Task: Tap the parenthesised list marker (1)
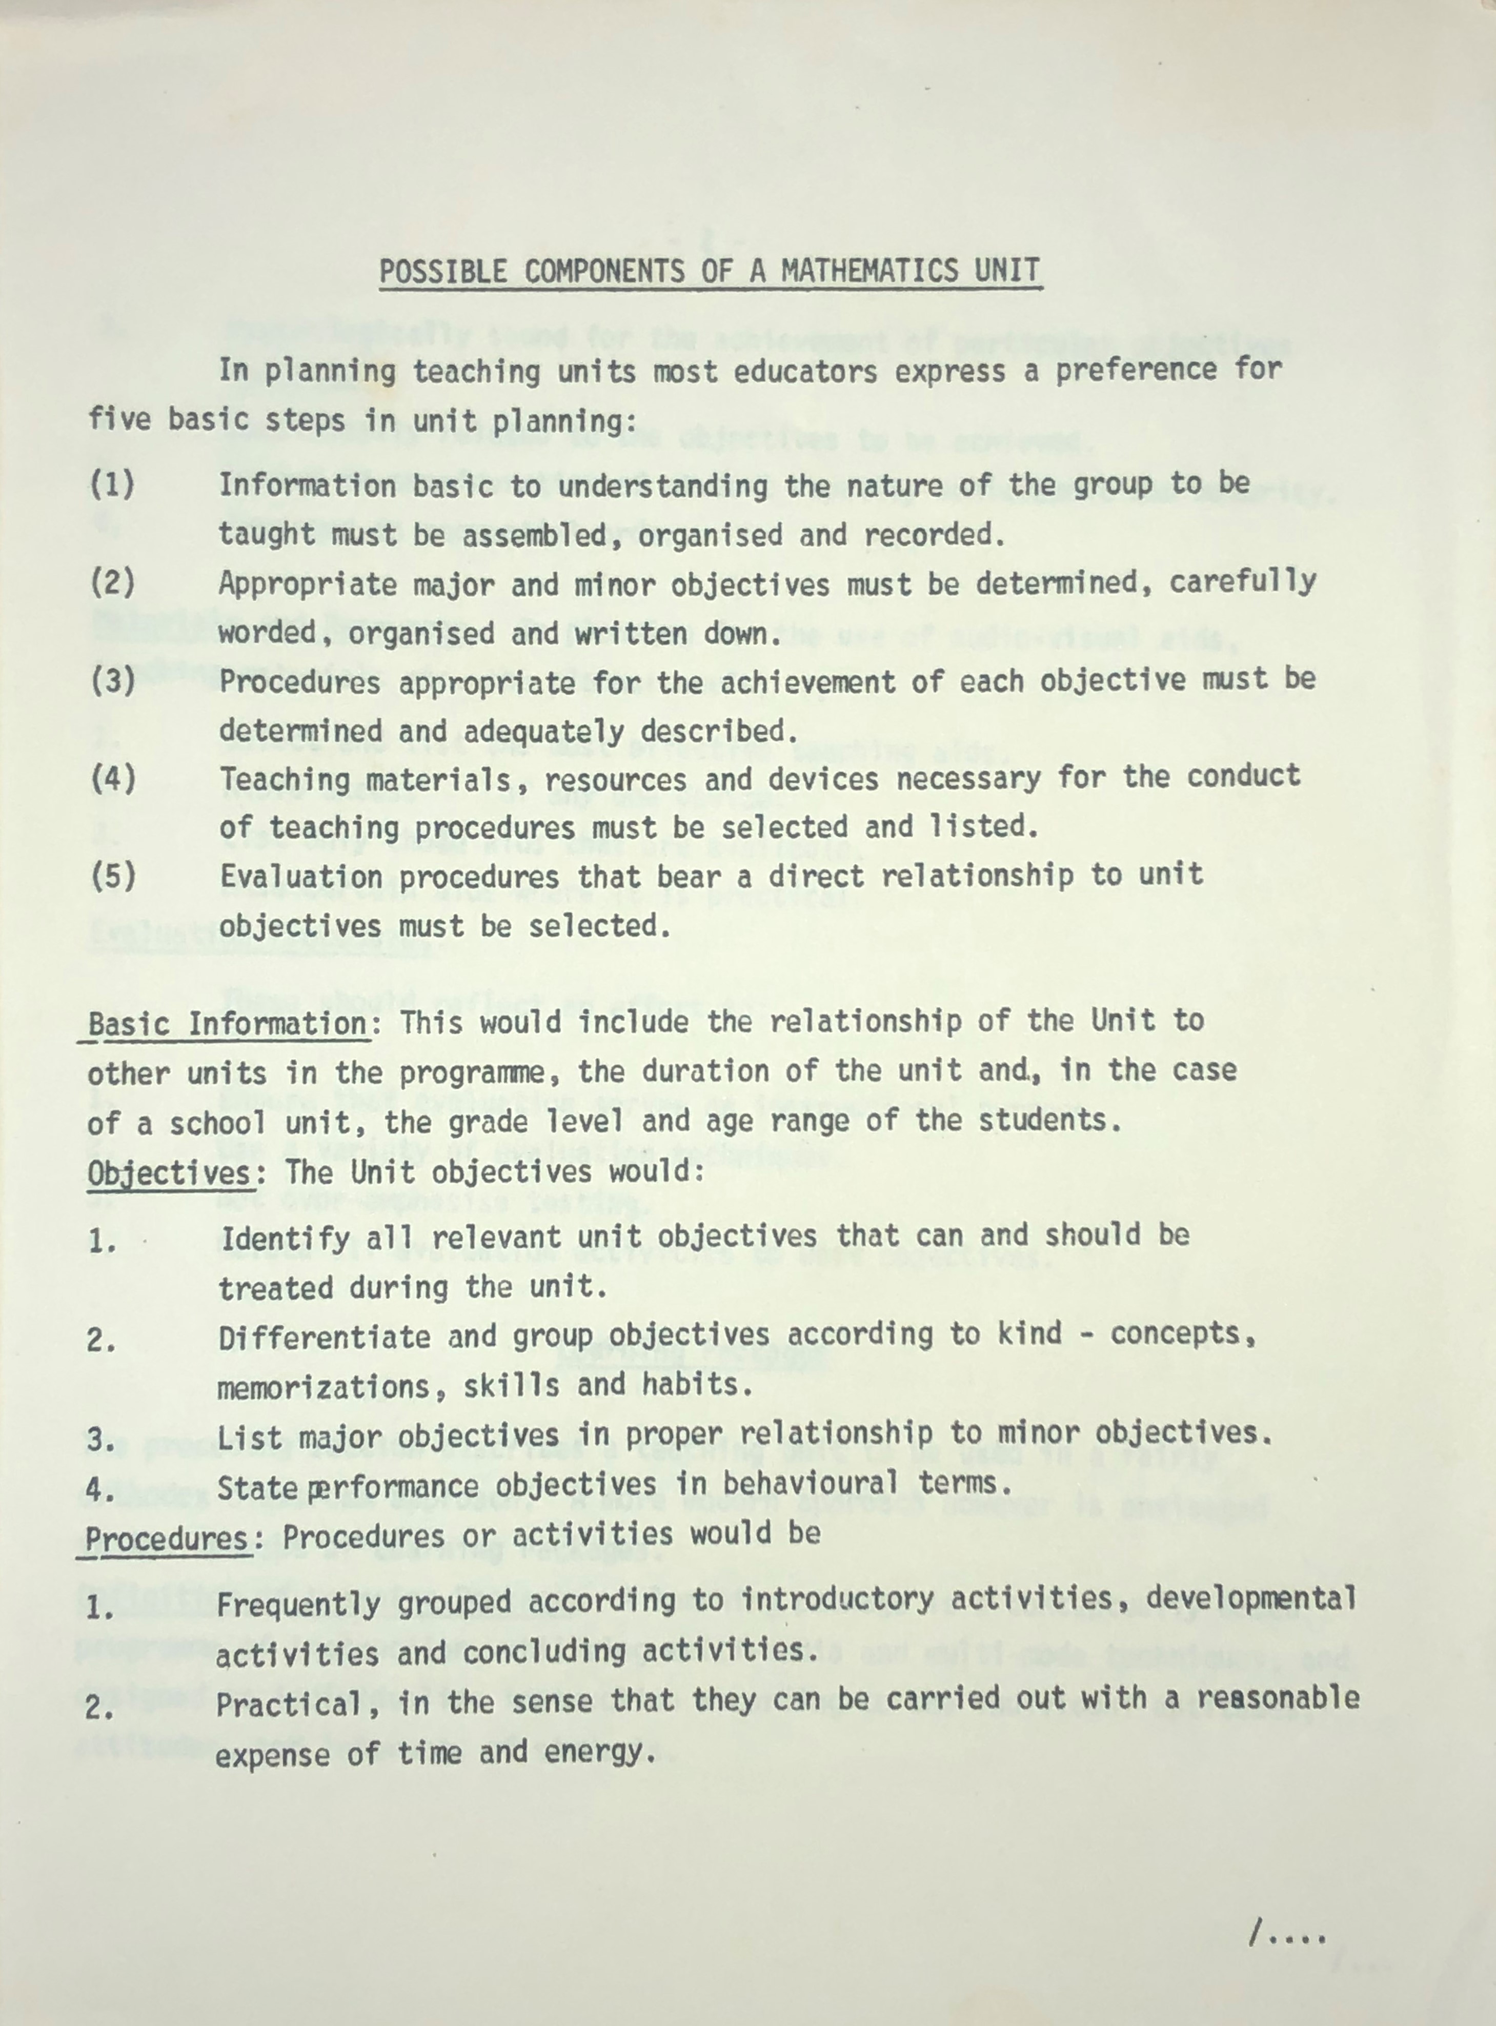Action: tap(112, 485)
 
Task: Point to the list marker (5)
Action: tap(112, 876)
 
